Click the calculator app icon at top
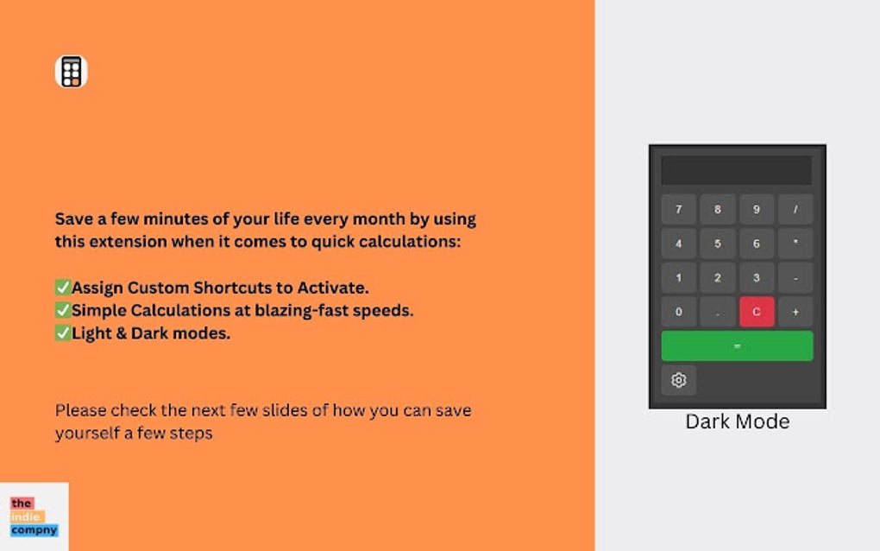click(72, 72)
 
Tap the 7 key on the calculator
click(678, 210)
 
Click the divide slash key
click(795, 210)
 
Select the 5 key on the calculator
click(717, 244)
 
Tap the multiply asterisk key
click(795, 244)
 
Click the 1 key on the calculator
click(678, 278)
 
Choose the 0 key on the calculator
click(678, 312)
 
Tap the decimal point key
click(717, 312)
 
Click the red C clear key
click(757, 312)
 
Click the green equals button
click(737, 346)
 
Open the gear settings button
click(678, 380)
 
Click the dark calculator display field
click(736, 170)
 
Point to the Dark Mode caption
click(738, 421)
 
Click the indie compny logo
click(35, 516)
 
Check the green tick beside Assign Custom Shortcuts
click(63, 287)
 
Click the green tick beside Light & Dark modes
click(63, 332)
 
